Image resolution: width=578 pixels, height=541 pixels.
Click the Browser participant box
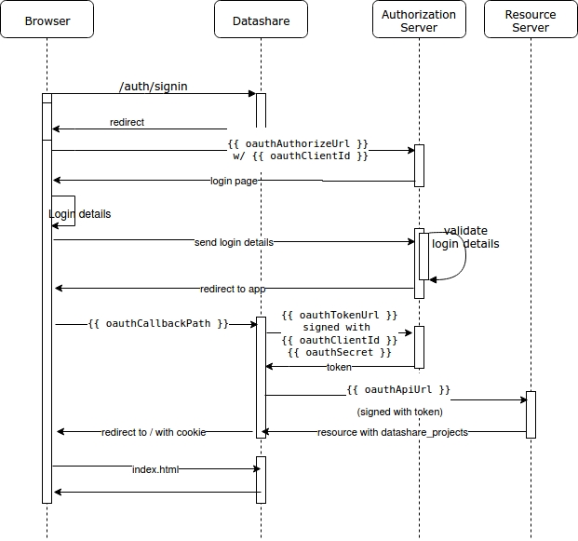coord(47,20)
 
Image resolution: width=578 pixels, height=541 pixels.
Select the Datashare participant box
coord(261,20)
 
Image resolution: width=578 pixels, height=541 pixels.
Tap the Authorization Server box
coord(419,20)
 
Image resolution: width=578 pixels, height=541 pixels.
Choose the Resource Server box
coord(531,20)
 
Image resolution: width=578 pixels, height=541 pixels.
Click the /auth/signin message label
coord(155,87)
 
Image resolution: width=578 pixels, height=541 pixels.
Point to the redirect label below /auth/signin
coord(127,122)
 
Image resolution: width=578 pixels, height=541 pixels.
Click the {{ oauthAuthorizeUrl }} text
coord(298,144)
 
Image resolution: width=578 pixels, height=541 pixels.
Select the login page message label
coord(234,181)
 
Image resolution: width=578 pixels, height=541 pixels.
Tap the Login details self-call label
coord(79,214)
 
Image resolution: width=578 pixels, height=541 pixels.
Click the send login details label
coord(234,242)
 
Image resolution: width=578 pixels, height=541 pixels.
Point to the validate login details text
coord(465,237)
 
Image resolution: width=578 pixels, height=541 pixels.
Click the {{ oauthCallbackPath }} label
coord(158,324)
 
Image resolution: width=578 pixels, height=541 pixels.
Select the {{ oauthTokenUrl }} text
coord(339,316)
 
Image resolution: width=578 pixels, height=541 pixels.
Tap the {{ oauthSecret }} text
coord(339,352)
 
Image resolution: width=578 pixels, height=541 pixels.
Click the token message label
coord(339,367)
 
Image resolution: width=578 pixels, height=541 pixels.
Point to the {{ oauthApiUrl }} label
coord(398,389)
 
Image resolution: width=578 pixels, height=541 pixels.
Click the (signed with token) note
coord(399,411)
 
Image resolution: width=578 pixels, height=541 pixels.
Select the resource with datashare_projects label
coord(392,432)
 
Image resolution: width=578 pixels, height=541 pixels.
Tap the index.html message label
coord(155,469)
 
